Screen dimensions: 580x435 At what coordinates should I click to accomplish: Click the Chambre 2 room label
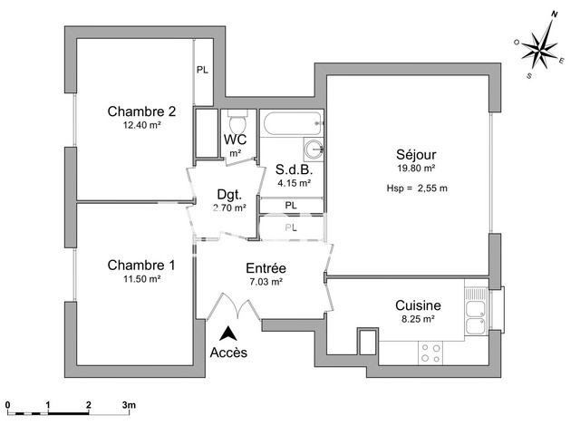point(141,112)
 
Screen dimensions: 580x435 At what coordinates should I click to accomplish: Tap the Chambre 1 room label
point(141,265)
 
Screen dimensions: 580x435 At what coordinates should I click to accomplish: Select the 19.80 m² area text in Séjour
point(416,168)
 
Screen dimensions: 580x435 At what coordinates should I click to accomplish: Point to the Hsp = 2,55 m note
point(416,188)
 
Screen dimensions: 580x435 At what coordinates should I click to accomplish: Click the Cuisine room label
point(418,305)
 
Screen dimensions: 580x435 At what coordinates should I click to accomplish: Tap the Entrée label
point(266,269)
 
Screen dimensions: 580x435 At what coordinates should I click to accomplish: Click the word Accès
point(227,352)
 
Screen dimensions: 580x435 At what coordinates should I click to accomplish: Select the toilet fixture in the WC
point(237,122)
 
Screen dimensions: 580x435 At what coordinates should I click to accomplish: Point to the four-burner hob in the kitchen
point(430,352)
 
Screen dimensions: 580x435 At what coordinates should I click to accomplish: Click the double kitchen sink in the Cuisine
point(475,314)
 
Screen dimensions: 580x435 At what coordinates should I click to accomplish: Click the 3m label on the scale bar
point(129,403)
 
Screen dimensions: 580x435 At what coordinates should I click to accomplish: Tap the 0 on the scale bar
point(6,403)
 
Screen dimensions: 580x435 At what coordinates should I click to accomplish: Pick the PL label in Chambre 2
point(202,69)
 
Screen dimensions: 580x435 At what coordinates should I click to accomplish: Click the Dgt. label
point(228,193)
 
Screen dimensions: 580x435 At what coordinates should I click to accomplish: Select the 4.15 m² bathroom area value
point(294,182)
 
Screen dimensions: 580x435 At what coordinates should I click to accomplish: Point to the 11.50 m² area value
point(141,279)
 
